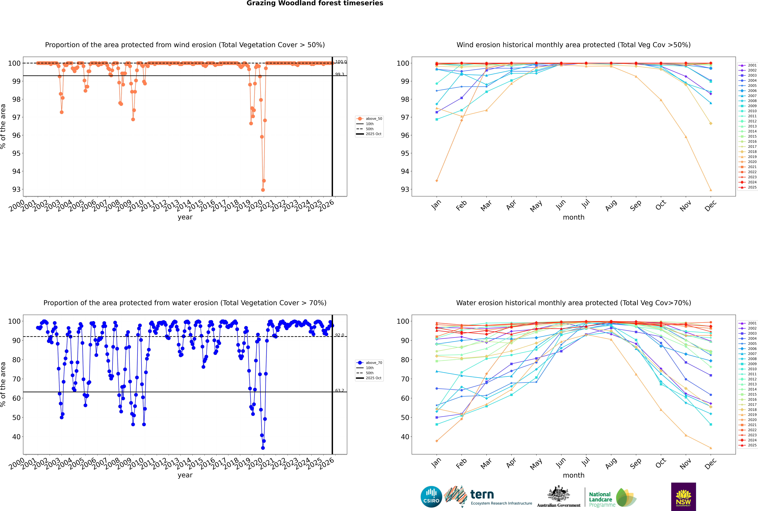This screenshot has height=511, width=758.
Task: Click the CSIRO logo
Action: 431,497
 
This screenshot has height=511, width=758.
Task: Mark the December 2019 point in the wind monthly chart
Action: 711,190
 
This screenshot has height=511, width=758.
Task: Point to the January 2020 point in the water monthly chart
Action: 437,441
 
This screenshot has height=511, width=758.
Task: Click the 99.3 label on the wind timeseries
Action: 340,74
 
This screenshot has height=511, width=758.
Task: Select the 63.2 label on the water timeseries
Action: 340,390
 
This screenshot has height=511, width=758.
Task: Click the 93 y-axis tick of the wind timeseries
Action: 16,189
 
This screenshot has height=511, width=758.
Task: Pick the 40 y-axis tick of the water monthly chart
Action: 405,437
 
